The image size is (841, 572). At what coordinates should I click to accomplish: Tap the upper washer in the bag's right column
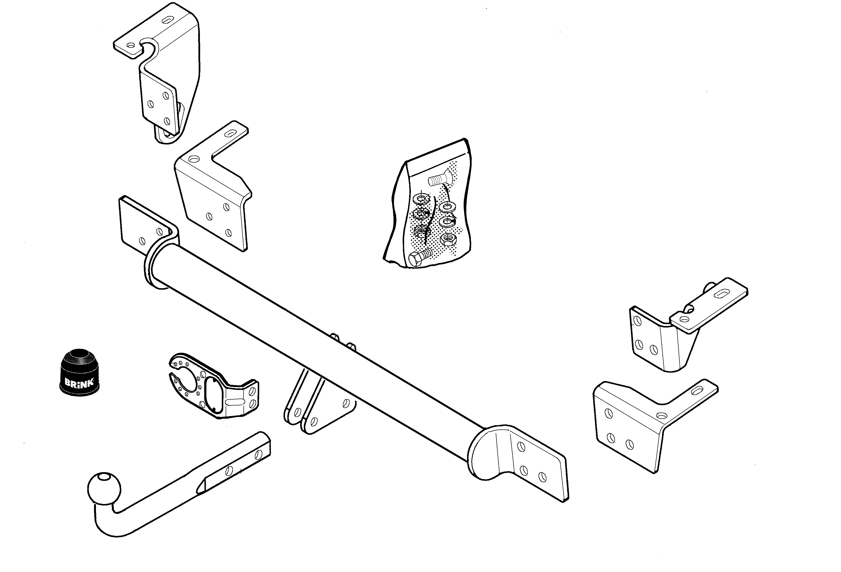447,207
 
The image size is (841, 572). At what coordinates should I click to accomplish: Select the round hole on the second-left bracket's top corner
194,159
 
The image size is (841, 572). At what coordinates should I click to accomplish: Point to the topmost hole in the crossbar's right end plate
522,447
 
